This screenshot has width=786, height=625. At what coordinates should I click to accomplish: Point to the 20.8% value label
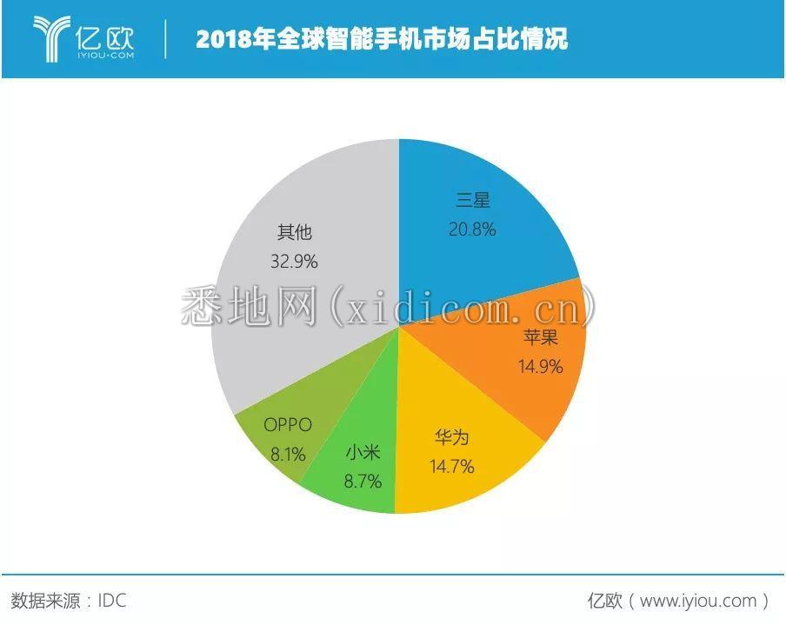click(x=472, y=229)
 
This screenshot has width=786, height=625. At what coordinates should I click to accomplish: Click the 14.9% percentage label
click(x=540, y=366)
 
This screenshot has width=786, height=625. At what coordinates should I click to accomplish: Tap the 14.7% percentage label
click(x=451, y=467)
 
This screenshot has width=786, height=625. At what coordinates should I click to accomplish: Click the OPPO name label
click(x=287, y=426)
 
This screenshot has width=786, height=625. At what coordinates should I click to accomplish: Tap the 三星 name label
click(x=473, y=200)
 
